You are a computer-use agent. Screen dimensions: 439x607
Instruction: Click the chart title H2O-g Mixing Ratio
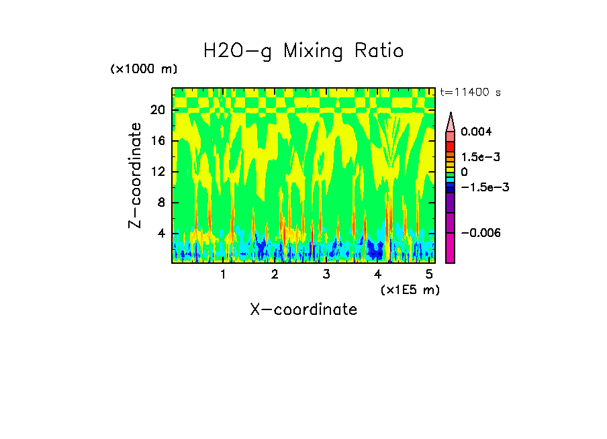coord(303,51)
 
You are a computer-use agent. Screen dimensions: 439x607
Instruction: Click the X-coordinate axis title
coord(303,309)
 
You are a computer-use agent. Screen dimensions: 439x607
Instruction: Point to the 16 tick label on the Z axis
coord(158,141)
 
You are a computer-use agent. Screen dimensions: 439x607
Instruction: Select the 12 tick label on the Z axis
coord(158,172)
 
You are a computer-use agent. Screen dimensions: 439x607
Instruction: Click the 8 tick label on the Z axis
coord(161,203)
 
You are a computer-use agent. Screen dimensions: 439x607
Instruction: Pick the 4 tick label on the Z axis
coord(161,234)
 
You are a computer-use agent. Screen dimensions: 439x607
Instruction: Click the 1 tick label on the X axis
coord(223,275)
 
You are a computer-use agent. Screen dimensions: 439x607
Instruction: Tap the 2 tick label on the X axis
coord(275,275)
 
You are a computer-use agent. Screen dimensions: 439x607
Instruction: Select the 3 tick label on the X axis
coord(326,275)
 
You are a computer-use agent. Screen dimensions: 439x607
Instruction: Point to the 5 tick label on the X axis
coord(428,275)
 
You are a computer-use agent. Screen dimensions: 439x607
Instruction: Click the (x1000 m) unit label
coord(144,69)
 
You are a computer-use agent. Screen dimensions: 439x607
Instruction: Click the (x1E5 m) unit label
coord(410,289)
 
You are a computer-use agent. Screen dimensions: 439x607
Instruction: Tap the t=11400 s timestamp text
coord(470,92)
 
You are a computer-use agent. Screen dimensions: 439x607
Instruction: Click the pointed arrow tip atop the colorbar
coord(451,115)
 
